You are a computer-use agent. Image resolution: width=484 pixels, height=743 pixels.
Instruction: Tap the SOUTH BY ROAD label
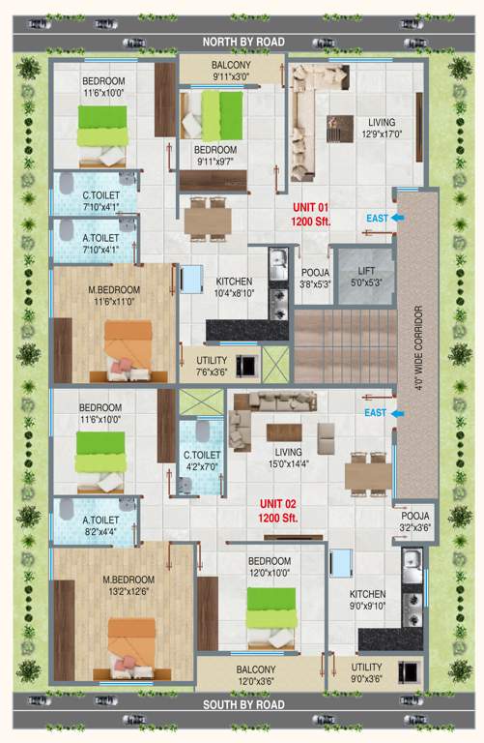242,705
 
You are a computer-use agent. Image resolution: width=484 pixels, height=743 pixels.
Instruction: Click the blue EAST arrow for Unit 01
385,218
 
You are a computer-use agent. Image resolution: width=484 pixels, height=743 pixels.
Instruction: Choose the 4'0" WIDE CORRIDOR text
418,349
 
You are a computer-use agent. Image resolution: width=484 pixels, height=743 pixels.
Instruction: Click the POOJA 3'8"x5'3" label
316,279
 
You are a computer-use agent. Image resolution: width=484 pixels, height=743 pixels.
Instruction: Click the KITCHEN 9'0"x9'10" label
367,600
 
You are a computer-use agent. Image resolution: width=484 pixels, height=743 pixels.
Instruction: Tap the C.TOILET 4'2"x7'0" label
203,460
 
